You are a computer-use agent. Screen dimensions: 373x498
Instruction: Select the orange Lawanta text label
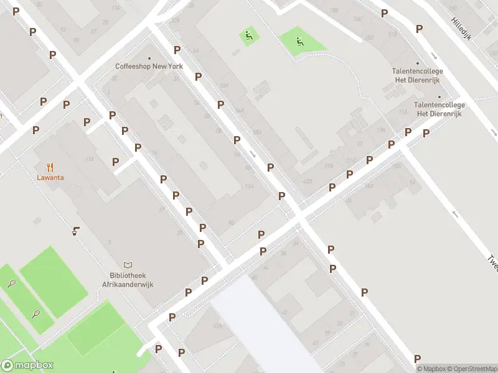click(50, 177)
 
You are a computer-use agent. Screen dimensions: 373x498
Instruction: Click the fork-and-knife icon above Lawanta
click(50, 167)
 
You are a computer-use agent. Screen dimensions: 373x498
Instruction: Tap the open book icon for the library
click(128, 265)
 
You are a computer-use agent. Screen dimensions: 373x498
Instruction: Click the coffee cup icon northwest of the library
click(75, 231)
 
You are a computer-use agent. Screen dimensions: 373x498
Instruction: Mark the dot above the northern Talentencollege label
click(417, 63)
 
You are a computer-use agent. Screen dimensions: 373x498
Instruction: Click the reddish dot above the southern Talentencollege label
click(439, 97)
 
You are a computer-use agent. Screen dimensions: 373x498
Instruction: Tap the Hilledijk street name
click(461, 27)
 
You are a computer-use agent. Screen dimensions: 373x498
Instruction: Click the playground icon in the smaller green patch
click(248, 35)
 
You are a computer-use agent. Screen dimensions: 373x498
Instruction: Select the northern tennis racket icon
click(12, 283)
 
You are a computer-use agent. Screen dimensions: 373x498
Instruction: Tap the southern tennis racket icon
click(36, 313)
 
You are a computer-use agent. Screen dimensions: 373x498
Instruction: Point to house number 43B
click(306, 181)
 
